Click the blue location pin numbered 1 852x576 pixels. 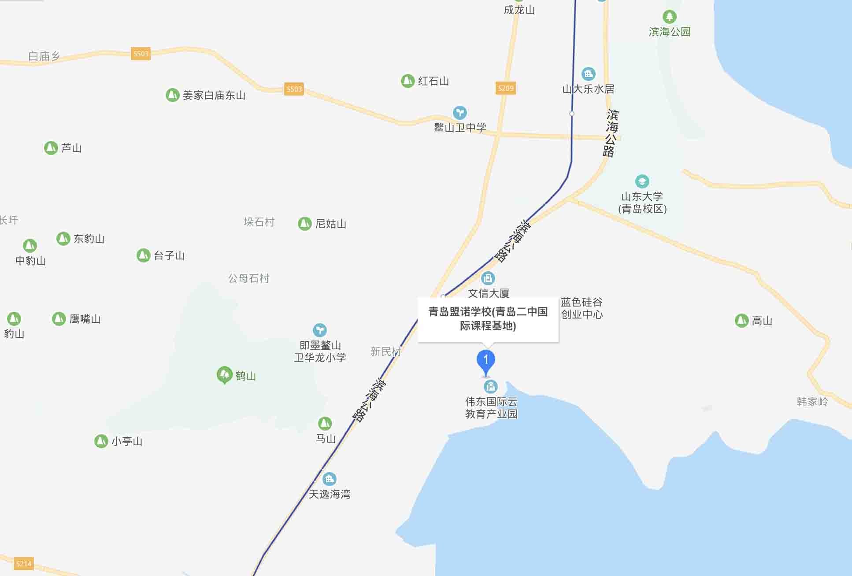click(485, 361)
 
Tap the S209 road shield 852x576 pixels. click(505, 88)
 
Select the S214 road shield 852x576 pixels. click(23, 564)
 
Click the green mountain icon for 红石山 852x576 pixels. click(407, 81)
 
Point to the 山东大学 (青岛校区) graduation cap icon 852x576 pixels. click(642, 181)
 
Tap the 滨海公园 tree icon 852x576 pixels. click(669, 17)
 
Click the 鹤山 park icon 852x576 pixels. click(225, 375)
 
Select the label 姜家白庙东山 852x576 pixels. click(214, 95)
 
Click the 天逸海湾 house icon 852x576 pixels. click(329, 479)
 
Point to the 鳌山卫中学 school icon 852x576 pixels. click(459, 113)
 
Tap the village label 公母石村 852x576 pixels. click(248, 278)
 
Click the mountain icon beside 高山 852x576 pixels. click(741, 321)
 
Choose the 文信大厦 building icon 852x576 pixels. click(488, 278)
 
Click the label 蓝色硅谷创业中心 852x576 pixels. click(582, 308)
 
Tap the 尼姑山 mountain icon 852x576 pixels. click(304, 224)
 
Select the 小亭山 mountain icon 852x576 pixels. click(101, 441)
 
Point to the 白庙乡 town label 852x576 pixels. click(44, 56)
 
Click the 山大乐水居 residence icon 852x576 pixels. click(588, 74)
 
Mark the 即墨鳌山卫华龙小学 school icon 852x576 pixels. click(319, 330)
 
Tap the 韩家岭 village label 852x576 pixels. click(812, 402)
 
